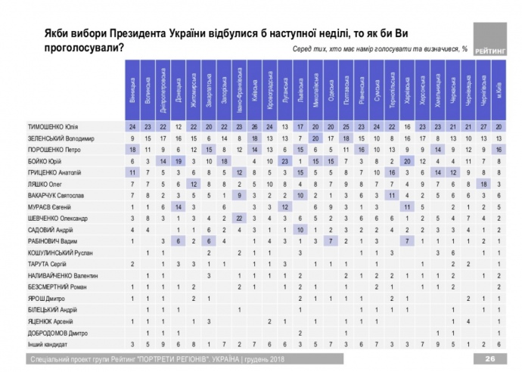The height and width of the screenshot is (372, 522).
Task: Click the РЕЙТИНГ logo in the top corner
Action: [489, 39]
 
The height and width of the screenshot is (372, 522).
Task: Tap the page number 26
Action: [489, 358]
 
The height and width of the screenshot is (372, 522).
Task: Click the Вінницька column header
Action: [132, 90]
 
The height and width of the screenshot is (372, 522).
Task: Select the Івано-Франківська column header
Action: [239, 90]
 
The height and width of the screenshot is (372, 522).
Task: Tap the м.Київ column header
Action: [499, 90]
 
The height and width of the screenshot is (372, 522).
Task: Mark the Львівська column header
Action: [300, 90]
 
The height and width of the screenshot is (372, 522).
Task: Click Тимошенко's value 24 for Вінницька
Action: [132, 126]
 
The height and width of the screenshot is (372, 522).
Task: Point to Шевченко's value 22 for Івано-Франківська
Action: [239, 218]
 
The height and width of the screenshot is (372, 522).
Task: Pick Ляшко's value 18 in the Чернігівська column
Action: [484, 184]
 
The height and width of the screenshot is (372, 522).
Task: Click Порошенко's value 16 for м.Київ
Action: [499, 150]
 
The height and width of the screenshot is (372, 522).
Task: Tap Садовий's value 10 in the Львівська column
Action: [300, 229]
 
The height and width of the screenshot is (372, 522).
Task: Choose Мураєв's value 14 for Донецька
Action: [178, 206]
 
